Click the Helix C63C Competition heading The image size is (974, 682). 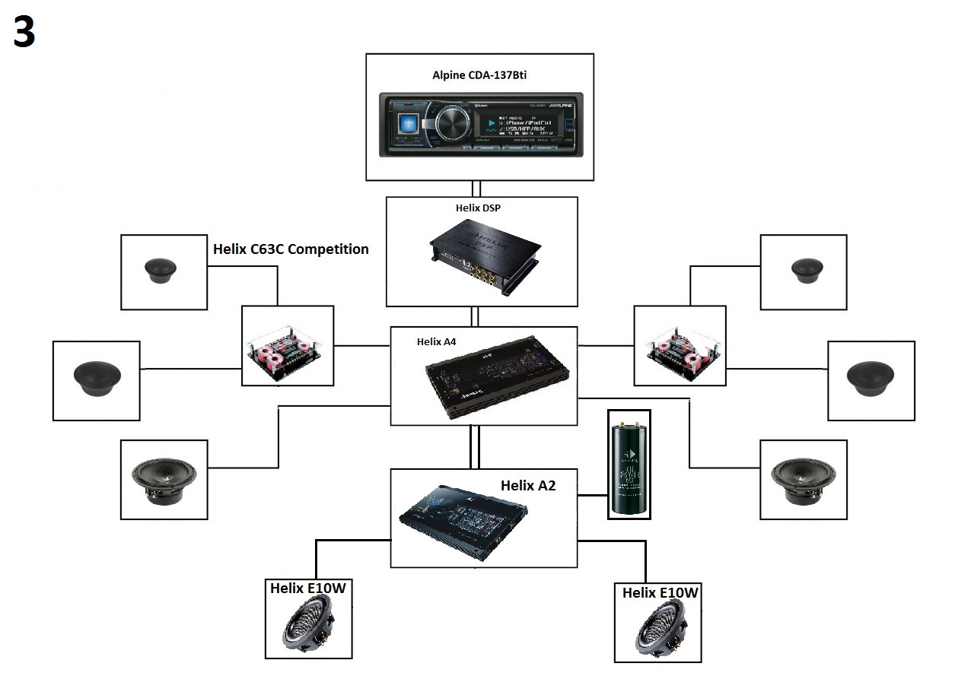[291, 249]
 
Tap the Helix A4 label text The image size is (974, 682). [436, 341]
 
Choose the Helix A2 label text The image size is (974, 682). [527, 485]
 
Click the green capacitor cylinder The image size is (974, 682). [629, 464]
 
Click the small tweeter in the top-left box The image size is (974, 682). [161, 271]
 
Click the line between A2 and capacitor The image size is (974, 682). [592, 496]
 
